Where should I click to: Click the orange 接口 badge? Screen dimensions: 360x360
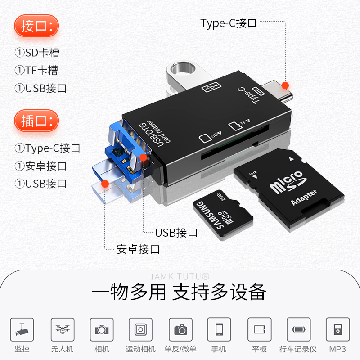[36, 26]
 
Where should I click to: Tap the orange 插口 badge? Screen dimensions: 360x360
[36, 121]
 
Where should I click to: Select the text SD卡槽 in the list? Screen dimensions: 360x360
[42, 53]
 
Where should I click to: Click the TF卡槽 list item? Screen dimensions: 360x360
[41, 70]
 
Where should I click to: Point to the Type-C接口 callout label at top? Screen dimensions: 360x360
[229, 23]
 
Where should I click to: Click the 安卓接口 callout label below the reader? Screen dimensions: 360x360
[138, 249]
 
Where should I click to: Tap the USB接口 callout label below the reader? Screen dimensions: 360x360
[176, 233]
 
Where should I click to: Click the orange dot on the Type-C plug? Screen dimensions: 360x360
[285, 85]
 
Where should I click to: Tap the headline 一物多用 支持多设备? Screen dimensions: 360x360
[179, 292]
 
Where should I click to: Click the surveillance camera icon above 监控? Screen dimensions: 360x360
[22, 330]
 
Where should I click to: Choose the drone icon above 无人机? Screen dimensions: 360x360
[62, 330]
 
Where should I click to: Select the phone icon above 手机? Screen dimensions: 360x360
[219, 330]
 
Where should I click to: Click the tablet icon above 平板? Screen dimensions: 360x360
[259, 330]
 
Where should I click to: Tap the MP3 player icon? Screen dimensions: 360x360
[337, 330]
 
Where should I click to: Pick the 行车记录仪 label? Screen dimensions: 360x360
[298, 349]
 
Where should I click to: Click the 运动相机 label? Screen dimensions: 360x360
[140, 349]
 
